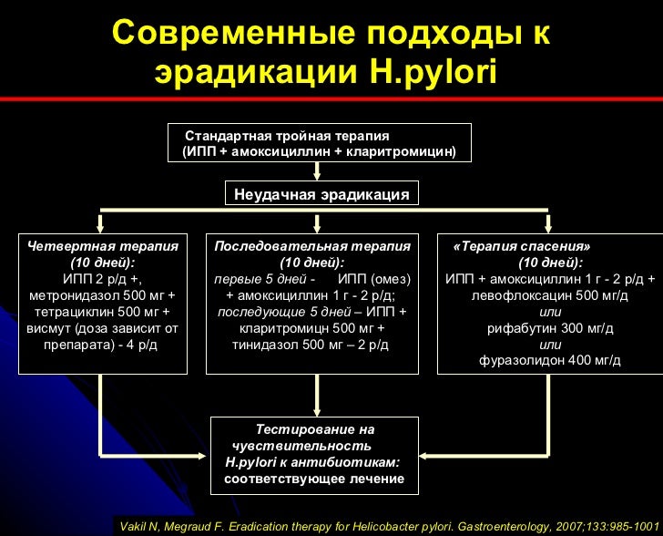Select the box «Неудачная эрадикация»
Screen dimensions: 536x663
pos(321,194)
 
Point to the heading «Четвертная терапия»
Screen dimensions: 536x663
pos(102,246)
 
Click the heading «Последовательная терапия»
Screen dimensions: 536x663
pos(312,246)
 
